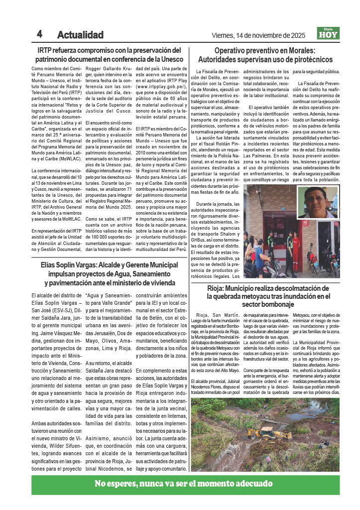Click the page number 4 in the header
pos(39,34)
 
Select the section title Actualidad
pos(80,35)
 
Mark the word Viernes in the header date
pos(225,35)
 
